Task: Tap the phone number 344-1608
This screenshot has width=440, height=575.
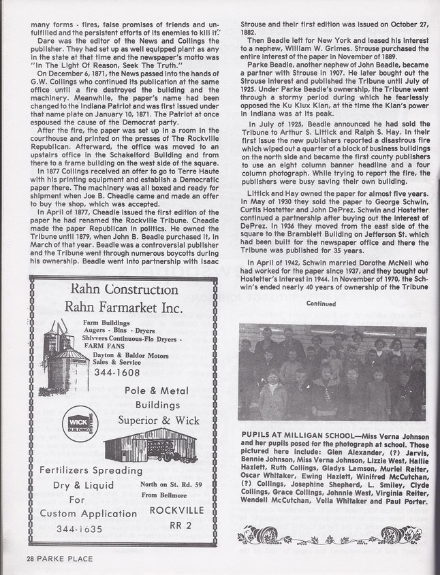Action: tap(117, 372)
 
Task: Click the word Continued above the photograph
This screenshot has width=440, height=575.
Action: tap(321, 303)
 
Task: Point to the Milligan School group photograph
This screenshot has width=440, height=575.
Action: tap(332, 372)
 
